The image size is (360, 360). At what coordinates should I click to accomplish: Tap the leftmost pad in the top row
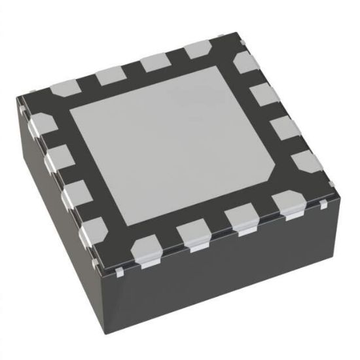(64, 88)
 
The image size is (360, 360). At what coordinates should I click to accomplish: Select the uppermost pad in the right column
(247, 64)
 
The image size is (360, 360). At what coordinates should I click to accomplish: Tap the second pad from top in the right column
(264, 94)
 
